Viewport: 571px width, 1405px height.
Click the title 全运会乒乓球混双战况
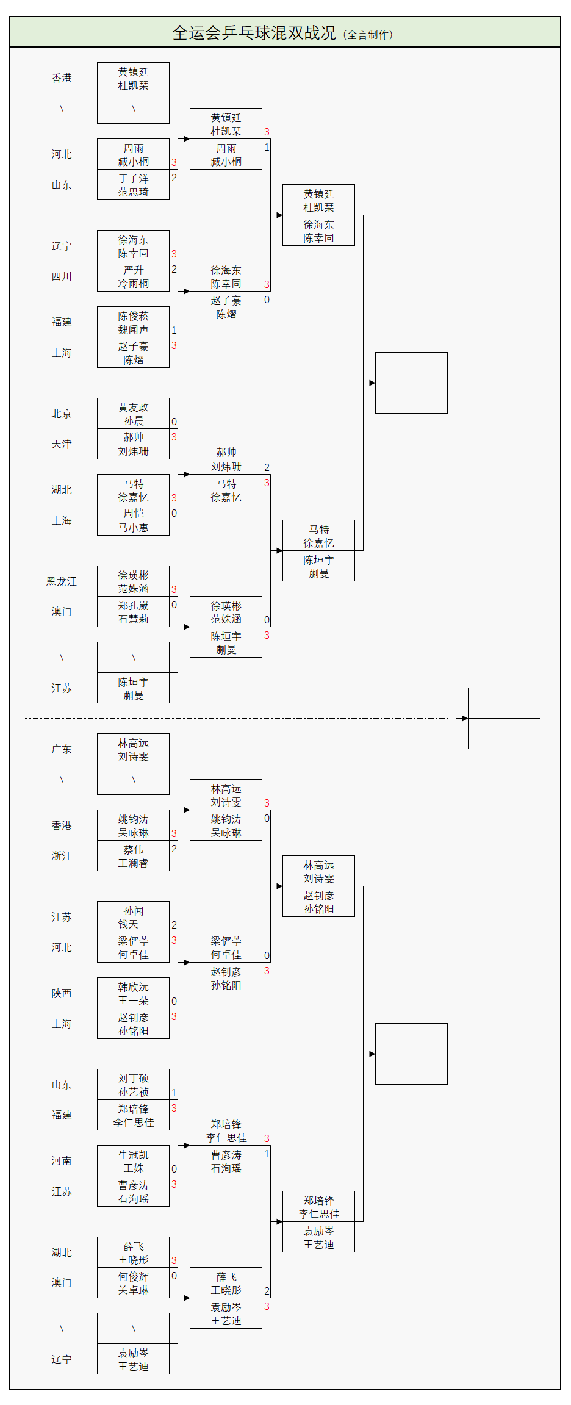[x=254, y=33]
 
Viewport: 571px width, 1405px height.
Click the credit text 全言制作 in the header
[x=368, y=35]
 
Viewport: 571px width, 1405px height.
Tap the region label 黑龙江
[x=62, y=581]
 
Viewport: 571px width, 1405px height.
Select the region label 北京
[x=62, y=414]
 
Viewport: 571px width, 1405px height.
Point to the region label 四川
[x=62, y=276]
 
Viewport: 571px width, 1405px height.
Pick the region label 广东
[x=62, y=749]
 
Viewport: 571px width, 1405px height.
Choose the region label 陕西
[x=62, y=993]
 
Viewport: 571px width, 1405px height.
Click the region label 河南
[x=62, y=1161]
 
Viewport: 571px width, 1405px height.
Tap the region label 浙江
[x=62, y=856]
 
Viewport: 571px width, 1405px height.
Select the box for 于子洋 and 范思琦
[x=133, y=185]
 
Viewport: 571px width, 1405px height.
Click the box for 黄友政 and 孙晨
[x=133, y=414]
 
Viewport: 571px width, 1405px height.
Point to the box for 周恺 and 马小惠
[x=133, y=520]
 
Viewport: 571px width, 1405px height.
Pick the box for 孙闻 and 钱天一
[x=133, y=917]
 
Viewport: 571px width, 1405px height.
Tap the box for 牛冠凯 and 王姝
[x=133, y=1161]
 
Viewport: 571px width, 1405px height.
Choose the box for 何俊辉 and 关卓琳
[x=133, y=1283]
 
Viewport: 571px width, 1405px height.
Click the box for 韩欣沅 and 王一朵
[x=133, y=993]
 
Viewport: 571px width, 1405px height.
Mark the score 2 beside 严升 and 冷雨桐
[x=174, y=269]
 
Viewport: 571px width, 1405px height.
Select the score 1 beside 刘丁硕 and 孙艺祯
[x=174, y=1093]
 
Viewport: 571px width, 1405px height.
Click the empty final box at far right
[x=504, y=718]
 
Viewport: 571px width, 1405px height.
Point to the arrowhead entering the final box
[x=464, y=718]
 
